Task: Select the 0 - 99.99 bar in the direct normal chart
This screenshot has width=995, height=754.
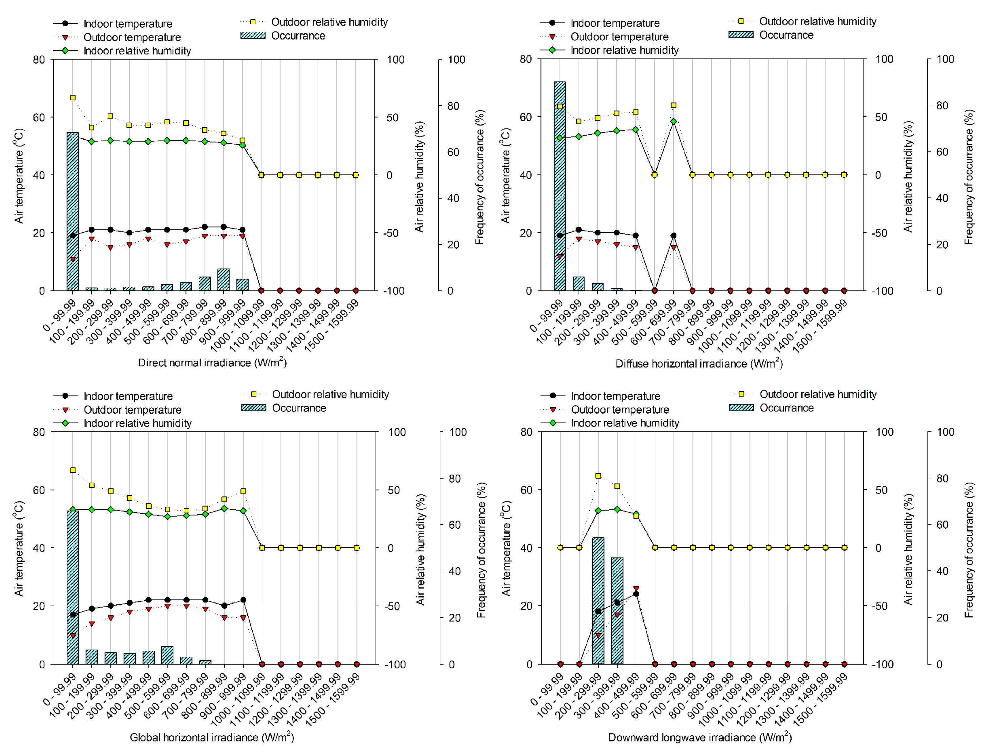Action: coord(73,211)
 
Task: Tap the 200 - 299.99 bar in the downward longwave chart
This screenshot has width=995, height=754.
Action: coord(598,600)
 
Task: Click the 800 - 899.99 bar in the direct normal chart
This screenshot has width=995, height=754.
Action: coord(224,280)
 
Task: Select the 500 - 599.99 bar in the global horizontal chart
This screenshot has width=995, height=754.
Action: coord(167,655)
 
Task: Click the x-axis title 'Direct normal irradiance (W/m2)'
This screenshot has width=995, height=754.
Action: coord(212,363)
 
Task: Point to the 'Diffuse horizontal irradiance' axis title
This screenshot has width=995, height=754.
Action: coord(699,363)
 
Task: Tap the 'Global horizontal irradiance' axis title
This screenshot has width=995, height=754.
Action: coord(211,737)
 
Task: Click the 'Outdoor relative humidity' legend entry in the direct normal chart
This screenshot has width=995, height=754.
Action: coord(329,22)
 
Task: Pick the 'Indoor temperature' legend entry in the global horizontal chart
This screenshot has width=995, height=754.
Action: coord(128,396)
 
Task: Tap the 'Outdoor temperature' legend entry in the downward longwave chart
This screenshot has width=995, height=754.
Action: coord(619,410)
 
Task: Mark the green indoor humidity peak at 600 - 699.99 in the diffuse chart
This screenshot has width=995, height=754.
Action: coord(673,121)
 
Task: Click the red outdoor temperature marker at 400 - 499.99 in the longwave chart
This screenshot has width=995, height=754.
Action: coord(636,588)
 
